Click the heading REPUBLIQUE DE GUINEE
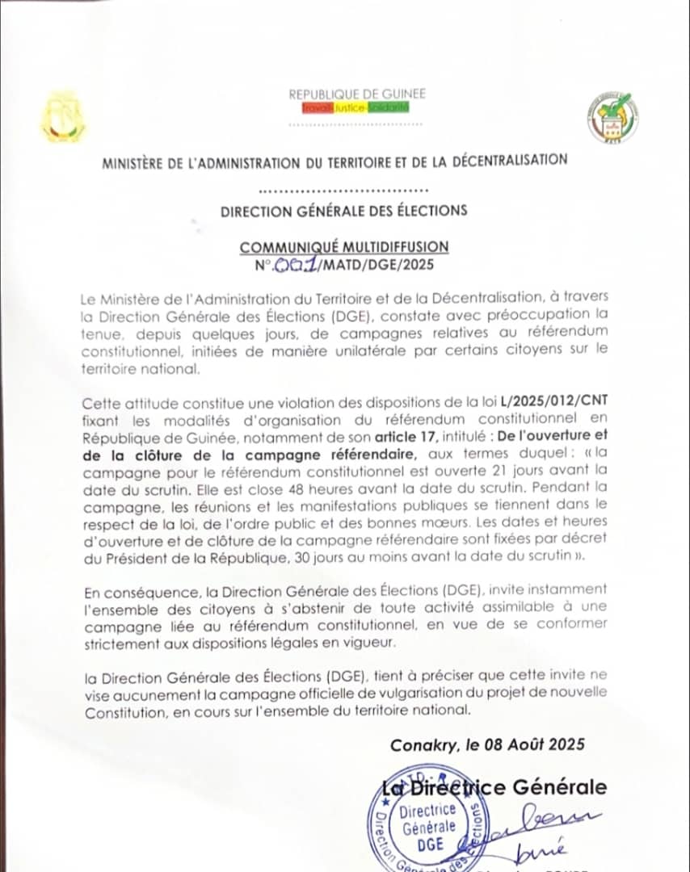tap(357, 94)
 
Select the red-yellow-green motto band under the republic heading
tap(356, 107)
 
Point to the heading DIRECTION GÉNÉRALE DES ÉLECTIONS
tap(344, 211)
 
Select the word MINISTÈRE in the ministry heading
tap(137, 161)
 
